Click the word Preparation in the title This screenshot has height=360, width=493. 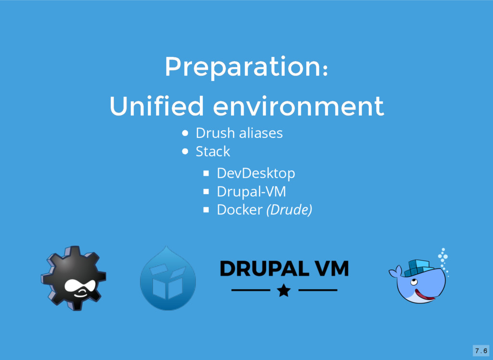pyautogui.click(x=243, y=67)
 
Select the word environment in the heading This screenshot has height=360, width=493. pyautogui.click(x=298, y=106)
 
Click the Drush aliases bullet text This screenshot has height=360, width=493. pyautogui.click(x=239, y=133)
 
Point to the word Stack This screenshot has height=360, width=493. pyautogui.click(x=213, y=151)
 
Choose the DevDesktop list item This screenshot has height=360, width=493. pyautogui.click(x=256, y=173)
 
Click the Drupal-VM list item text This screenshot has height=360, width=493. pyautogui.click(x=251, y=192)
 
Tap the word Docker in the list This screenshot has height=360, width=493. pyautogui.click(x=240, y=210)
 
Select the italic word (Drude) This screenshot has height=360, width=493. pyautogui.click(x=289, y=210)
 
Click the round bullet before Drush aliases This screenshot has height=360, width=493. pyautogui.click(x=185, y=133)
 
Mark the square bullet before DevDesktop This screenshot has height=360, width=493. pyautogui.click(x=206, y=173)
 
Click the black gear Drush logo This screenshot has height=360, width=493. pyautogui.click(x=74, y=278)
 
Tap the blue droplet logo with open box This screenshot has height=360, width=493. pyautogui.click(x=168, y=278)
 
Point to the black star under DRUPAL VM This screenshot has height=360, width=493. pyautogui.click(x=284, y=290)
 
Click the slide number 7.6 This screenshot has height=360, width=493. pyautogui.click(x=481, y=350)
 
